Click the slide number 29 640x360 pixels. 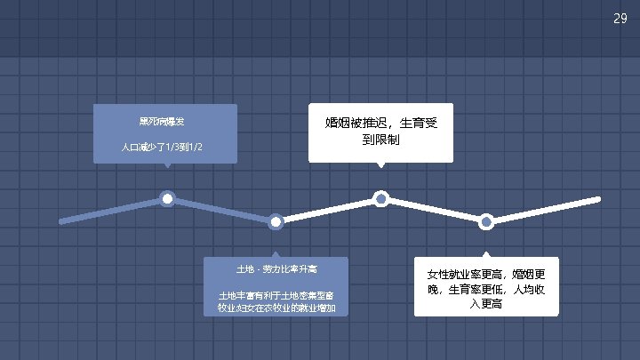coord(620,19)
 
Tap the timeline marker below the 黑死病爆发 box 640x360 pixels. coord(167,197)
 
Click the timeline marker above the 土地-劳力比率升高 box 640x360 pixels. coord(276,221)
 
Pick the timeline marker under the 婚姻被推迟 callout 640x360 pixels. coord(381,197)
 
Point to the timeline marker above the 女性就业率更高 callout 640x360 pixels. coord(486,221)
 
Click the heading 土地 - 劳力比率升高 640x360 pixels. coord(276,268)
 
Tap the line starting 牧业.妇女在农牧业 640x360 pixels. coord(276,308)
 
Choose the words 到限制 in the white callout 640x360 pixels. coord(380,140)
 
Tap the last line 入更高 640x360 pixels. coord(486,304)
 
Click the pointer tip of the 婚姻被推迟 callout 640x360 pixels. coord(381,166)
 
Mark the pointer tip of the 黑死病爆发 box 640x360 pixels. coord(167,166)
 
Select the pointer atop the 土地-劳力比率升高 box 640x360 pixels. coord(276,253)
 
